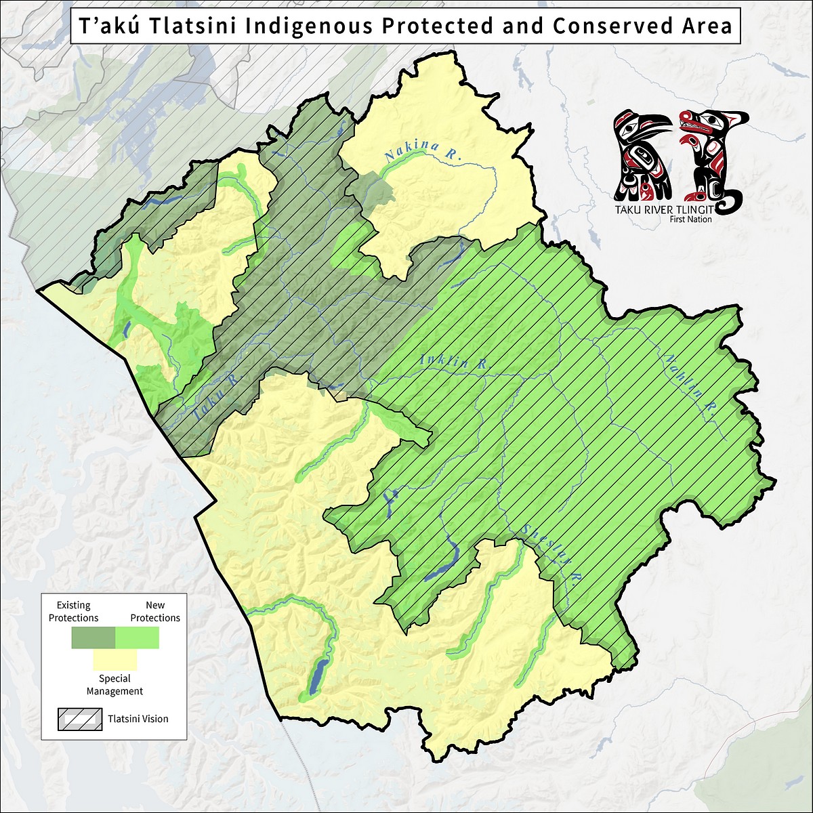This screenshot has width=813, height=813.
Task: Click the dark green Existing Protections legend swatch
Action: click(x=93, y=638)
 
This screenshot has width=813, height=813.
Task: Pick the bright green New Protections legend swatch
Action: click(x=138, y=638)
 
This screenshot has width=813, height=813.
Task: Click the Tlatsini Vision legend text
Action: click(x=138, y=719)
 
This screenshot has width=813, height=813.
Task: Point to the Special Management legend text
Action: click(x=114, y=685)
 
